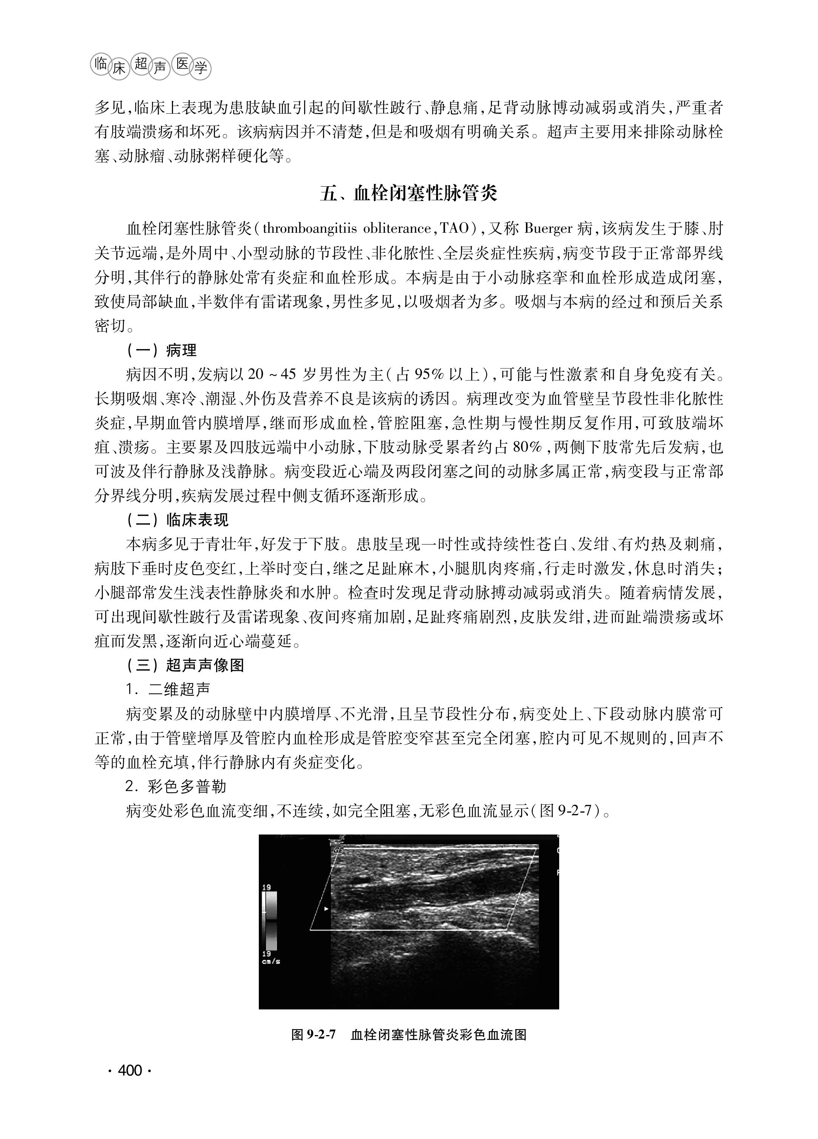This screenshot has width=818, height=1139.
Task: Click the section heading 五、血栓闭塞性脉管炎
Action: [408, 193]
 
